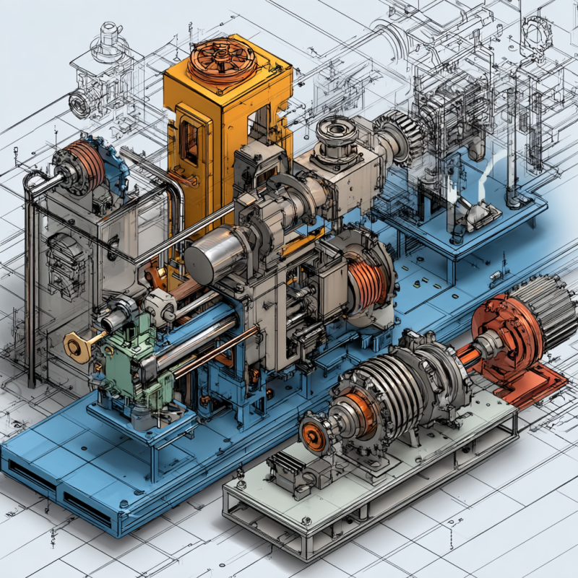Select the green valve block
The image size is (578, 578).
123,368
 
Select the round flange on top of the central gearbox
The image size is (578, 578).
337,134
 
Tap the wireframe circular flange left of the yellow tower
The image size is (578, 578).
80,105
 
